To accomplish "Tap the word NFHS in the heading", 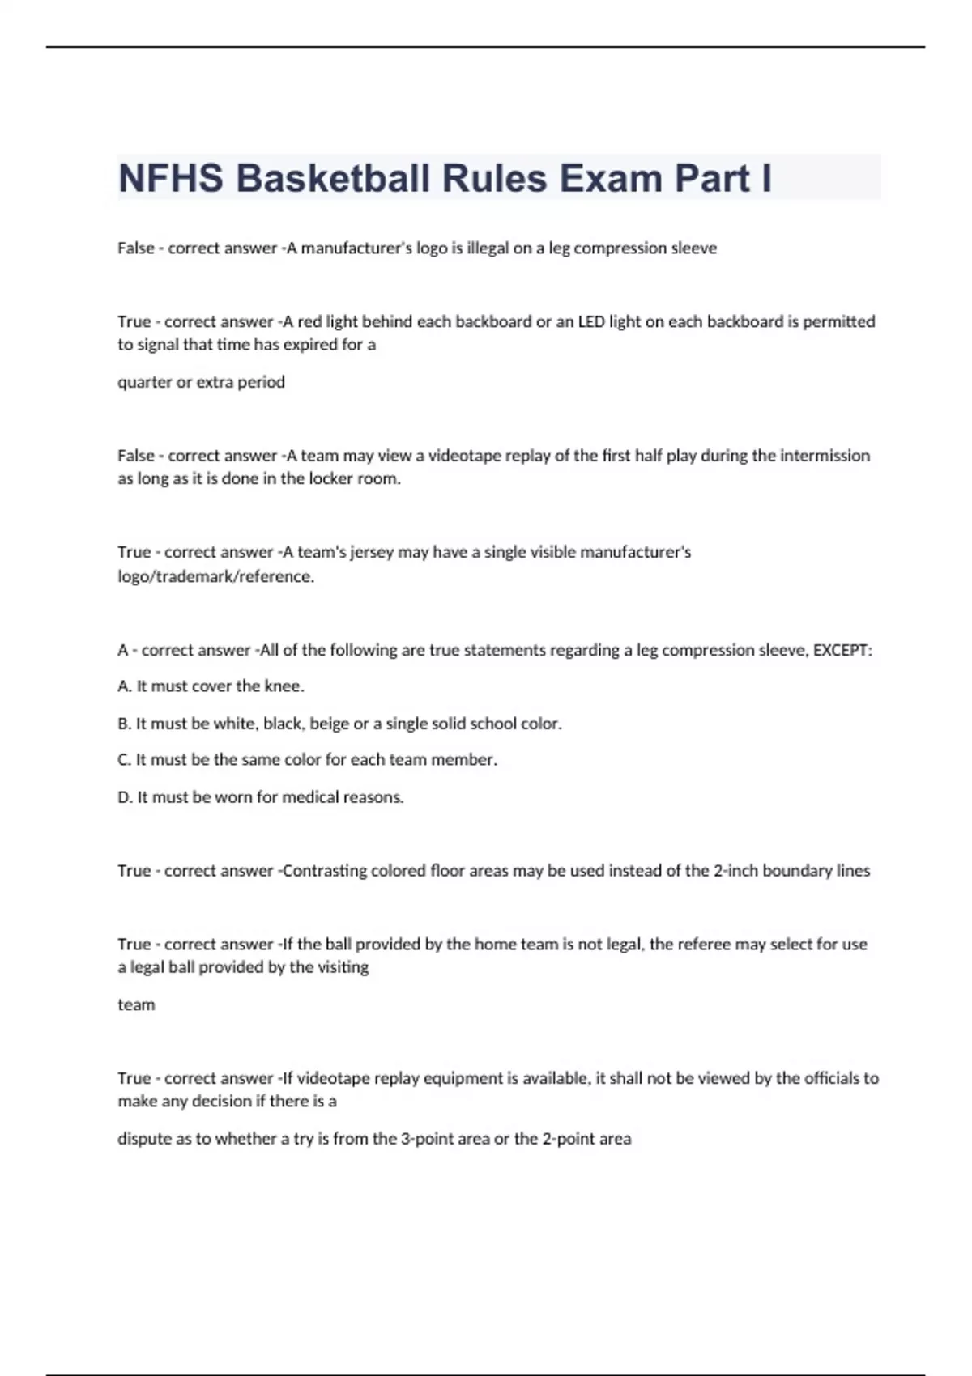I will (171, 178).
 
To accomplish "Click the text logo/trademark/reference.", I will (215, 576).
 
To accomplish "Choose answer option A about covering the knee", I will (211, 686).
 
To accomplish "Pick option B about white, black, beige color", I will (339, 724).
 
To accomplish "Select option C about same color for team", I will (307, 760).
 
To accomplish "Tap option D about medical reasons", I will (260, 797).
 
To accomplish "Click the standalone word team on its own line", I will (136, 1004).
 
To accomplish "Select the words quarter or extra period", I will (201, 382).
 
